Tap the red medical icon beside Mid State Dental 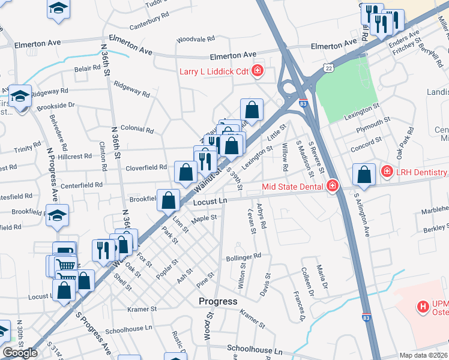[x=332, y=187]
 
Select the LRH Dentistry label [x=421, y=172]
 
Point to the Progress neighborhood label [x=218, y=301]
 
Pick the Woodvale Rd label [x=195, y=39]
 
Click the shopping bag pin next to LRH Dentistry [x=364, y=175]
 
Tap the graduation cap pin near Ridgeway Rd [x=20, y=96]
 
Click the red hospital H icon [x=424, y=307]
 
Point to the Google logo [x=20, y=352]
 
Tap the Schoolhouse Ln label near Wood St [x=254, y=350]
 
